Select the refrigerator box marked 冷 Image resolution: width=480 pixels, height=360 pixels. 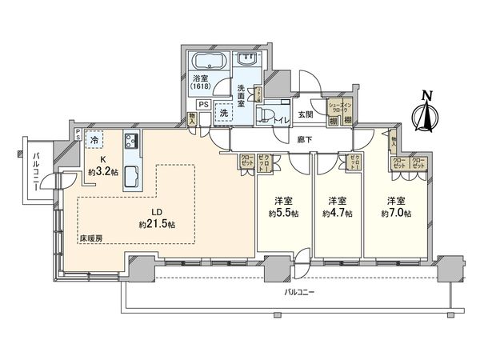(x=94, y=139)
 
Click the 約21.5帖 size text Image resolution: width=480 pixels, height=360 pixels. (x=157, y=225)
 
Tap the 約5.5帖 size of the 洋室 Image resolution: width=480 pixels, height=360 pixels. (x=283, y=214)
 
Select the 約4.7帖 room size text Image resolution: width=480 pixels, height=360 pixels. (x=337, y=214)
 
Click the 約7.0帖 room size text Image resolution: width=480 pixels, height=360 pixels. (x=396, y=214)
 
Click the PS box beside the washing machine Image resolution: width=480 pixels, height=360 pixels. (x=203, y=104)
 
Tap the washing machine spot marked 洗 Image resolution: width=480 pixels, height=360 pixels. (x=225, y=114)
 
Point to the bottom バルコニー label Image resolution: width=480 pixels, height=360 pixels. (x=300, y=293)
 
